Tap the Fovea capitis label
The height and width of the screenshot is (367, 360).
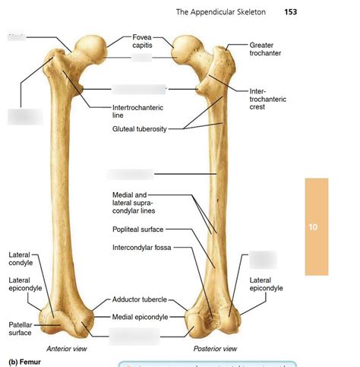tap(143, 41)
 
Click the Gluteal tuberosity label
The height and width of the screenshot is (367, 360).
tap(139, 129)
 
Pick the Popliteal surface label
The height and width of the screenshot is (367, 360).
tap(137, 229)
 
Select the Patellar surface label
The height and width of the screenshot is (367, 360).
tap(20, 328)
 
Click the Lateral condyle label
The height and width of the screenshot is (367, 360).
tap(21, 259)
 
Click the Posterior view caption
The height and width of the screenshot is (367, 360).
tap(215, 348)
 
